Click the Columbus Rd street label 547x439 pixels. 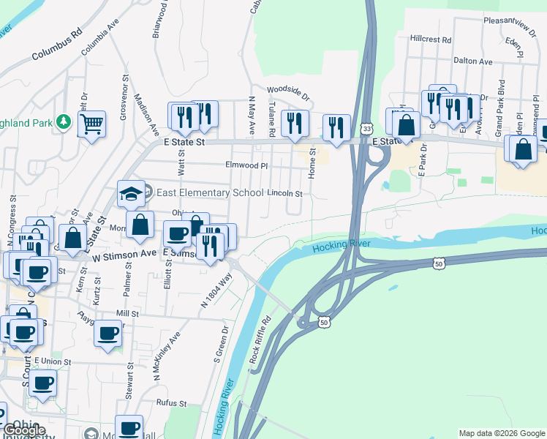[57, 45]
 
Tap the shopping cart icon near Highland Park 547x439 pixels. [91, 125]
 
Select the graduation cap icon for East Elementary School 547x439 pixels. [130, 195]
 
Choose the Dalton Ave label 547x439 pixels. [473, 61]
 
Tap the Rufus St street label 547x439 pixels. [172, 403]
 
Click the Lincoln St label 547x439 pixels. [284, 193]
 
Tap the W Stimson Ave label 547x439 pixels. [125, 253]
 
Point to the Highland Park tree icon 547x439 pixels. [64, 121]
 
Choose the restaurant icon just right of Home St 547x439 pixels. [336, 127]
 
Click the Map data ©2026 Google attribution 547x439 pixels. [502, 433]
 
